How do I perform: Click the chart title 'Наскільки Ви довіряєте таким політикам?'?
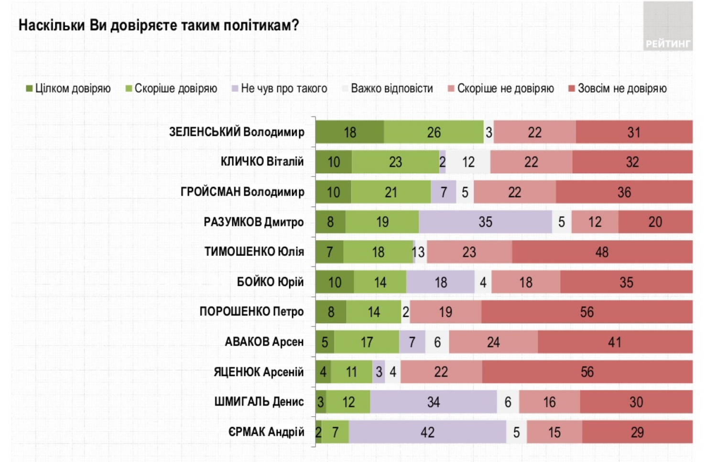158,25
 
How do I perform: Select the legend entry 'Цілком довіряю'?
68,88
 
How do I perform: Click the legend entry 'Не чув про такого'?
279,88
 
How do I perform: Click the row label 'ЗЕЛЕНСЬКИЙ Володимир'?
237,132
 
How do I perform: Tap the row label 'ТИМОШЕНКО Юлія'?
254,252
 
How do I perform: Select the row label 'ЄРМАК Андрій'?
266,432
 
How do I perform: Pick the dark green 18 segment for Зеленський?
349,132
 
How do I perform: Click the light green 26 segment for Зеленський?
434,132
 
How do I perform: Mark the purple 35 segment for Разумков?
485,222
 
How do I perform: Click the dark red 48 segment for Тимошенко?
602,252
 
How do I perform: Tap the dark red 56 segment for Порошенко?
587,312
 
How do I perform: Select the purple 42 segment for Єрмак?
427,432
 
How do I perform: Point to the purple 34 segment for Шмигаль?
433,402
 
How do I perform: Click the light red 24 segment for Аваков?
493,342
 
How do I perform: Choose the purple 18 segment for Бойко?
440,282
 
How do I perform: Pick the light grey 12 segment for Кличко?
468,162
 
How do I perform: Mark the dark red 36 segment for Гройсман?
624,192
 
